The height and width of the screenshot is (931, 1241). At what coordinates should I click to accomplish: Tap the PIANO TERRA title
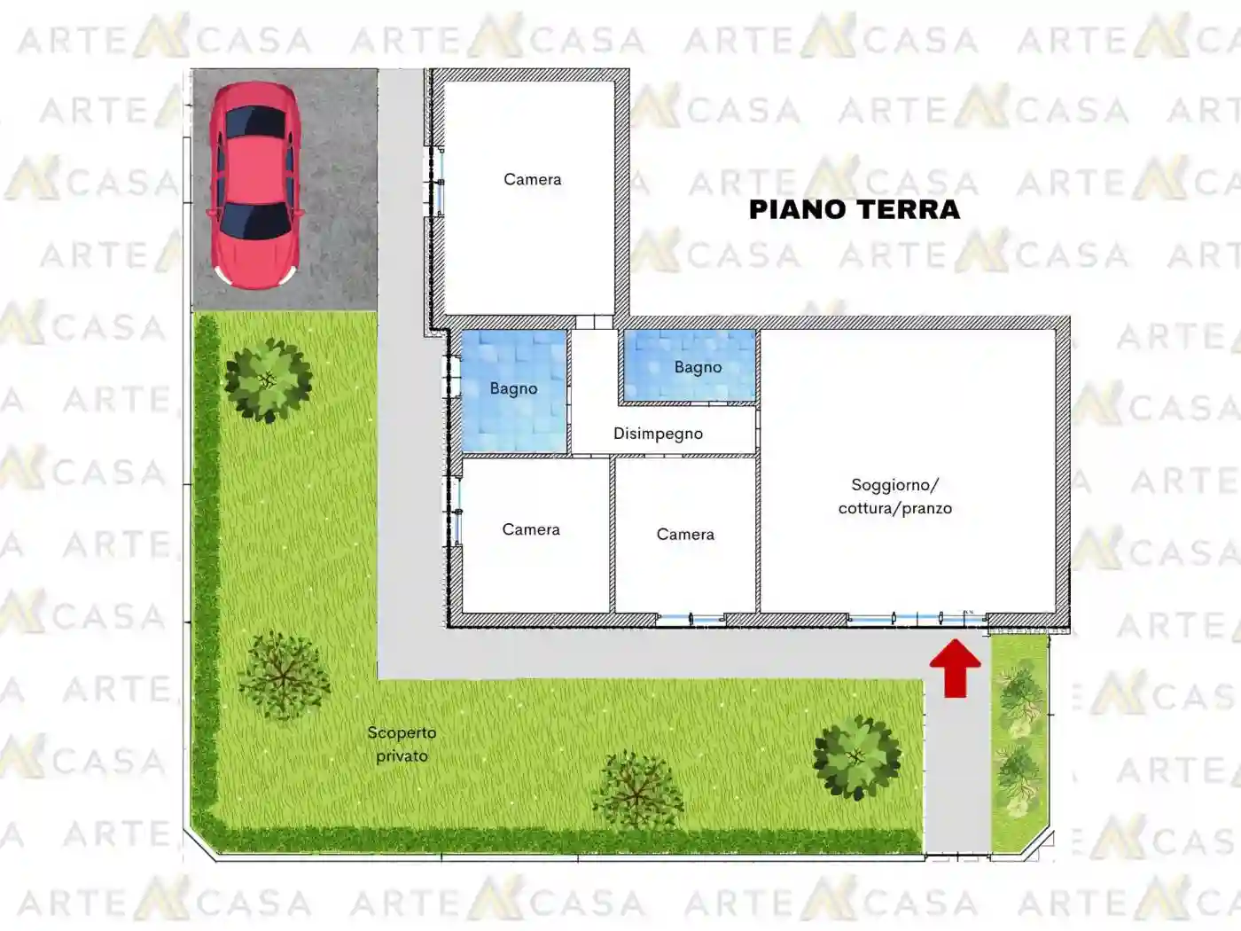point(855,210)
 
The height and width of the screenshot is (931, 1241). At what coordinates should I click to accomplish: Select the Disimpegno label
point(658,434)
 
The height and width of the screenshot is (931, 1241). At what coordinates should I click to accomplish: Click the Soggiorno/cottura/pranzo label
point(895,497)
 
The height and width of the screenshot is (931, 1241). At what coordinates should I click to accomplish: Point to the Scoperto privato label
point(402,744)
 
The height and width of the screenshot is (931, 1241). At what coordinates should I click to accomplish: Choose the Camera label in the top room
point(532,179)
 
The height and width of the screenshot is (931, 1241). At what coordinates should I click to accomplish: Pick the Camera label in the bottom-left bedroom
point(531,529)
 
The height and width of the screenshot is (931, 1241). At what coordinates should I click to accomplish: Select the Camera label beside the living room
point(685,534)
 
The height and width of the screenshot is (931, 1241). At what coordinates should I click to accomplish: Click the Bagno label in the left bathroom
point(513,388)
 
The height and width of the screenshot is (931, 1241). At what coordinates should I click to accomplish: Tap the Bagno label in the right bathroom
point(698,367)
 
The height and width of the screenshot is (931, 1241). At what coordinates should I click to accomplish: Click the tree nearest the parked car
point(268,380)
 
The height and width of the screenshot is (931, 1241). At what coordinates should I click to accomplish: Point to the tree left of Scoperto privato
point(284,676)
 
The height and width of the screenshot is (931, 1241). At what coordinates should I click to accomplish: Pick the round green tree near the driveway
point(856,756)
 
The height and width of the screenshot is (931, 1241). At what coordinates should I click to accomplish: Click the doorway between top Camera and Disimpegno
point(594,322)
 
